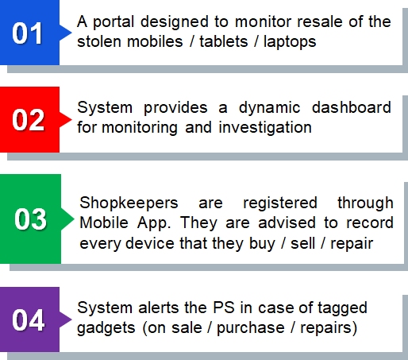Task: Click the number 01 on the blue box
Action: [27, 33]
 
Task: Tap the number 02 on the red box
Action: [28, 120]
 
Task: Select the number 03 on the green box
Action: [30, 219]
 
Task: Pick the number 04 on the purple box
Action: [29, 320]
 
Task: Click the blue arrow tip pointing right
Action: [71, 33]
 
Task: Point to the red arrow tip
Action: [71, 119]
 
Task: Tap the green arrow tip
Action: [74, 219]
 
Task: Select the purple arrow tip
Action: [71, 319]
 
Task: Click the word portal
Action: [114, 22]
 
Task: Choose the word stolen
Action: [99, 41]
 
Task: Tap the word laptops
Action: [290, 42]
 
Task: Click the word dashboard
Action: [352, 107]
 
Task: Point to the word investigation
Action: [265, 128]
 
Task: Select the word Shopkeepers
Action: [129, 203]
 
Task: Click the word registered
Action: [280, 203]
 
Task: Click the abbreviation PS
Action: [224, 308]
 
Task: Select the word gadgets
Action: [106, 329]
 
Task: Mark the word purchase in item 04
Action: [251, 329]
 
